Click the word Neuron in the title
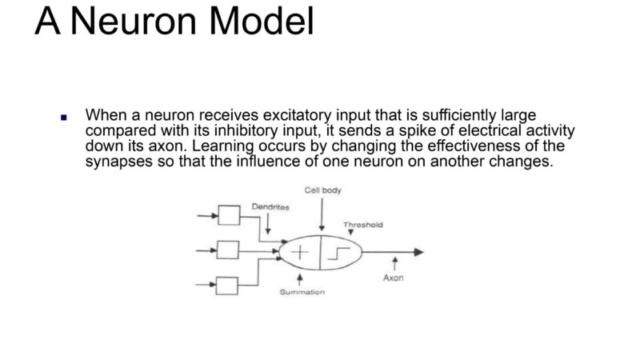pos(134,22)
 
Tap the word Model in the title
pos(262,21)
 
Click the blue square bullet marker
pos(64,118)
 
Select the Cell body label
pos(322,190)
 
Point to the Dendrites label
pos(270,207)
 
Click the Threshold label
pos(363,225)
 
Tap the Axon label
pos(393,278)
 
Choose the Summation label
pos(302,292)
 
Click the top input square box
pos(229,215)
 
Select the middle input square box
pos(228,250)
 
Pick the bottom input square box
pos(227,286)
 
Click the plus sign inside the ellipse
pos(299,252)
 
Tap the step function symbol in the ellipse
pos(338,254)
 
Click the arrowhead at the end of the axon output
pos(418,252)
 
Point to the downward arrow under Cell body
pos(322,214)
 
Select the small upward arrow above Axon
pos(394,263)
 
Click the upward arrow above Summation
pos(300,279)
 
